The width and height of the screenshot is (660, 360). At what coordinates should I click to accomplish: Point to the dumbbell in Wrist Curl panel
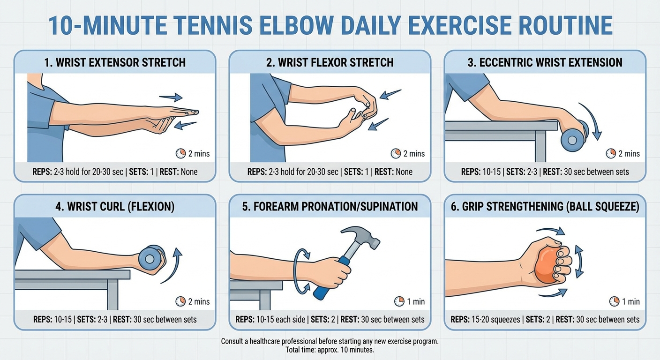[151, 258]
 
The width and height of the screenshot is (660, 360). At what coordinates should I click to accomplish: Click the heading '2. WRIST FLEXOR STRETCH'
[330, 62]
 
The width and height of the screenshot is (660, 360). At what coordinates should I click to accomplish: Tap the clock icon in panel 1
[180, 153]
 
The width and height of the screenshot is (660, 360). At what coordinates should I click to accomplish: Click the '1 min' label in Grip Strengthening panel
[630, 301]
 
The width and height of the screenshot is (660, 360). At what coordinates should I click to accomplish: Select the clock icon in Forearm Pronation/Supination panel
[399, 301]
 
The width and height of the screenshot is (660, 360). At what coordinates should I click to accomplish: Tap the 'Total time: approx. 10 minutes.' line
[330, 350]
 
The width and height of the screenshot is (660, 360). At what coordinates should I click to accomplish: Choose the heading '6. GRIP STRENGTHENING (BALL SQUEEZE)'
[545, 207]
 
